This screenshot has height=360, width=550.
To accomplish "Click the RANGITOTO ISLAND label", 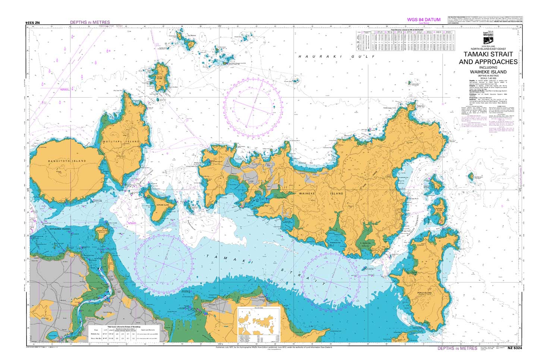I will coord(67,161).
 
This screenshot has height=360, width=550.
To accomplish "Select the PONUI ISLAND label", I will coord(424,293).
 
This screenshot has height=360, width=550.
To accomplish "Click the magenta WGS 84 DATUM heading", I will coord(424,20).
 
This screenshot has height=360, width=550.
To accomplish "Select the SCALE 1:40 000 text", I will coord(488,78).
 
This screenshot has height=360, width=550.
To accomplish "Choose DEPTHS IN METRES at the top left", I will coord(90,22).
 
